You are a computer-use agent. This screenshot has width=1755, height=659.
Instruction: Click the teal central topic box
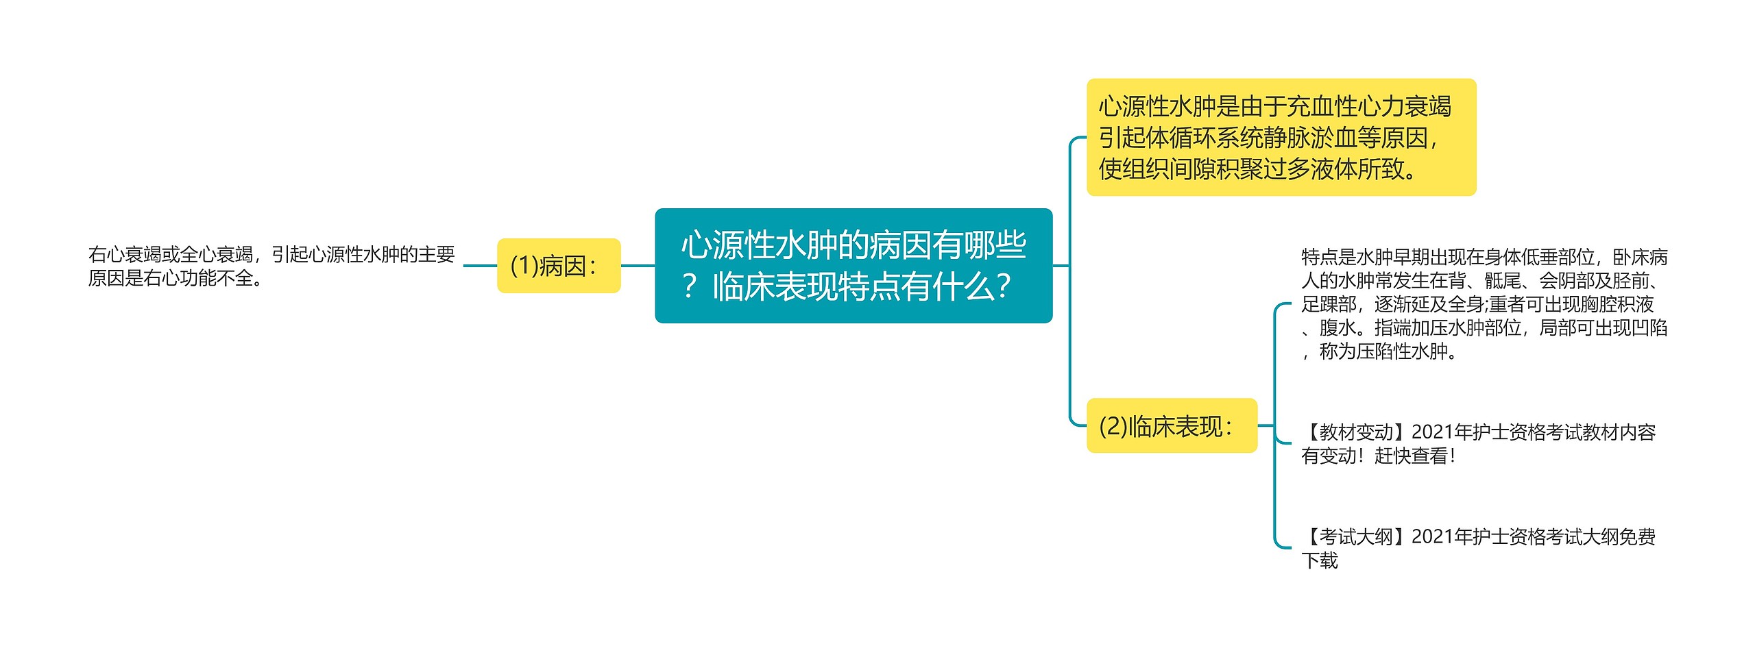coord(853,265)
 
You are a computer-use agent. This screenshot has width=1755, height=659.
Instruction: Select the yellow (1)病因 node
coord(558,266)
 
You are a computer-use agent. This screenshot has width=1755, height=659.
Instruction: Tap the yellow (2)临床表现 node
coord(1171,425)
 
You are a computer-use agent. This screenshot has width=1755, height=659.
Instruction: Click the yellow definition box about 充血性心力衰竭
coord(1281,137)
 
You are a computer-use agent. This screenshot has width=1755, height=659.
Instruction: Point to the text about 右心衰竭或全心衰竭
coord(271,266)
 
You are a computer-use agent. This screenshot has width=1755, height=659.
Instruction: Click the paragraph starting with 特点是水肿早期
coord(1484,303)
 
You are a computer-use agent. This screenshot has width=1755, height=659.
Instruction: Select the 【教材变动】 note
coord(1478,443)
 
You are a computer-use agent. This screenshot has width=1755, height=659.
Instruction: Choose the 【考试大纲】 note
coord(1478,548)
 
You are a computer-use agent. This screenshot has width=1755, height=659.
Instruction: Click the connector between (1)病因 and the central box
coord(638,266)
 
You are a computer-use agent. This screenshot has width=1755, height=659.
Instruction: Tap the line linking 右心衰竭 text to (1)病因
coord(480,266)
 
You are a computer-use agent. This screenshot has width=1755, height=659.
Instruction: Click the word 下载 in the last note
coord(1320,560)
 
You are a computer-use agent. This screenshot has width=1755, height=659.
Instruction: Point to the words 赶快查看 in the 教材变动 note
coord(1411,456)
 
